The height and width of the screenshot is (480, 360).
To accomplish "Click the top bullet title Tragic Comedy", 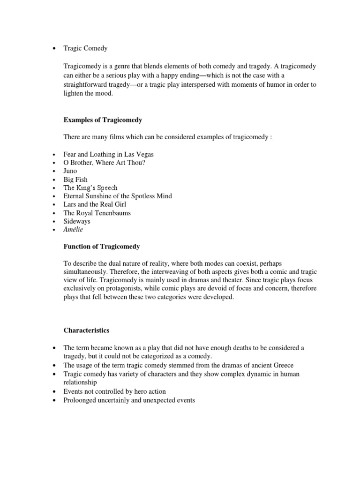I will (85, 48).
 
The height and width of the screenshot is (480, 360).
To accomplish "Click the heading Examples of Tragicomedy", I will (103, 120).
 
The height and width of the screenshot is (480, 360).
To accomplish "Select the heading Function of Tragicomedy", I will (102, 247).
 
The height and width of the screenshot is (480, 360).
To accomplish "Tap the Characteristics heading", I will (86, 330).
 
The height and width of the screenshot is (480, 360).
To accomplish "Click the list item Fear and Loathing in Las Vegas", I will (108, 154).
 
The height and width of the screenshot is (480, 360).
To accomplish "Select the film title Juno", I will (70, 171).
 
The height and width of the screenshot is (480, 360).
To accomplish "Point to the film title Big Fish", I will (75, 180).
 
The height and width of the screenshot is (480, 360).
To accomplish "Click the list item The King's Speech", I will (90, 187).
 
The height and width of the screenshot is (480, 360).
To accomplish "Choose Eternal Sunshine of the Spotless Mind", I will (118, 196).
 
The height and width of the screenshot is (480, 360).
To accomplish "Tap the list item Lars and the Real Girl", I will (95, 204).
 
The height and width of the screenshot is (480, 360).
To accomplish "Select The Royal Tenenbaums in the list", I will (97, 213).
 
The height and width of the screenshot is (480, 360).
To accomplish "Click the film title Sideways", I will (77, 221).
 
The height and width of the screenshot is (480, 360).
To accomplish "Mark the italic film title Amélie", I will (74, 230).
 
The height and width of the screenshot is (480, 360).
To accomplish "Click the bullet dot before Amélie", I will (54, 230).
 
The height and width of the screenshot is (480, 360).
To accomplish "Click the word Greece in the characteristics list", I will (283, 365).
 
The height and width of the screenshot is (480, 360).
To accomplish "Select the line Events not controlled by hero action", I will (114, 391).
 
